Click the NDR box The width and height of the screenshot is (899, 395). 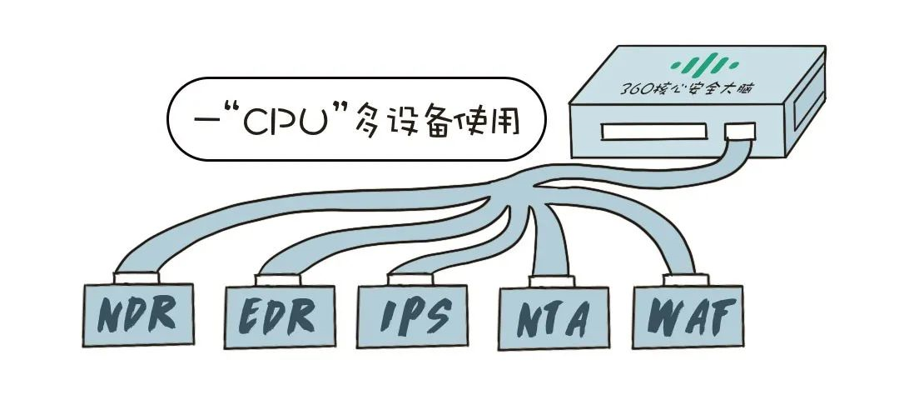[140, 313]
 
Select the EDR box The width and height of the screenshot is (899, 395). [280, 315]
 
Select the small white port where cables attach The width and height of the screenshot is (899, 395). [740, 132]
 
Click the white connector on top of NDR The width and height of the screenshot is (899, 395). [138, 276]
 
